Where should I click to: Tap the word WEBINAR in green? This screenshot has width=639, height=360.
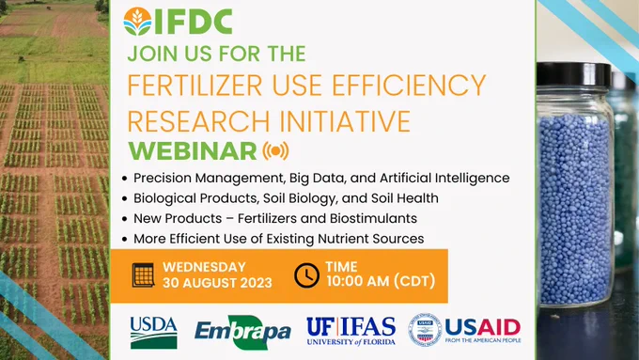pos(193,150)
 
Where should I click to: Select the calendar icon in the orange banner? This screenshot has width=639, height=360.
pos(143,274)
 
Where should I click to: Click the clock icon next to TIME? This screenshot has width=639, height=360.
pos(306,274)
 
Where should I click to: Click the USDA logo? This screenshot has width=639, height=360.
pos(154,331)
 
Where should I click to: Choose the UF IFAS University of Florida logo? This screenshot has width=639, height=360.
pos(351,332)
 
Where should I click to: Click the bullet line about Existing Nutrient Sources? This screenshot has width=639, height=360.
pos(278,239)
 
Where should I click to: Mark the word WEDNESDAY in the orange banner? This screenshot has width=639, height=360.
pos(205,267)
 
